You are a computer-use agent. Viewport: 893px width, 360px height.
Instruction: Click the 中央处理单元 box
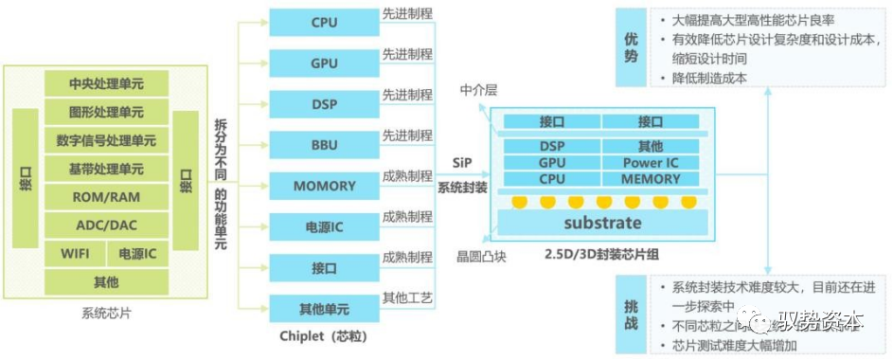click(x=106, y=83)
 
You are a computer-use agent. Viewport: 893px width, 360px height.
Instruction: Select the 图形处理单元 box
click(x=106, y=112)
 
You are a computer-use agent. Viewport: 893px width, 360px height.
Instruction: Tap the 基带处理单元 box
click(x=106, y=169)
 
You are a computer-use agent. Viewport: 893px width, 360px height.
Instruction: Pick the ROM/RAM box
click(x=106, y=197)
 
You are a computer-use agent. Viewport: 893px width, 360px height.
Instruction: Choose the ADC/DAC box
click(x=106, y=225)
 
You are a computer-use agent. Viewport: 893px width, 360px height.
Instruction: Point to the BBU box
click(x=324, y=144)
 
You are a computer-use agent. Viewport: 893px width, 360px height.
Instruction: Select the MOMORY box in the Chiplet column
click(x=324, y=186)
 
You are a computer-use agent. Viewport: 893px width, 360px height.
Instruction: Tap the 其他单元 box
click(x=324, y=309)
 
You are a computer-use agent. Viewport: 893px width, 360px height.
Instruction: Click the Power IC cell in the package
click(x=651, y=162)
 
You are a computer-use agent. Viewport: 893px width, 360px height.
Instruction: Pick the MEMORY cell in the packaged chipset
click(x=651, y=178)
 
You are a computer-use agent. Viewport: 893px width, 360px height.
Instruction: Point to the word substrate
click(x=602, y=224)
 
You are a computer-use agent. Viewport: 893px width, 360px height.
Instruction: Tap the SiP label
click(x=462, y=163)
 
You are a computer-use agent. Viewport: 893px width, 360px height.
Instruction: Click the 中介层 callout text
click(x=478, y=90)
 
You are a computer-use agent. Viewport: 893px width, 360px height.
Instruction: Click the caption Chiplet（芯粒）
click(x=324, y=336)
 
